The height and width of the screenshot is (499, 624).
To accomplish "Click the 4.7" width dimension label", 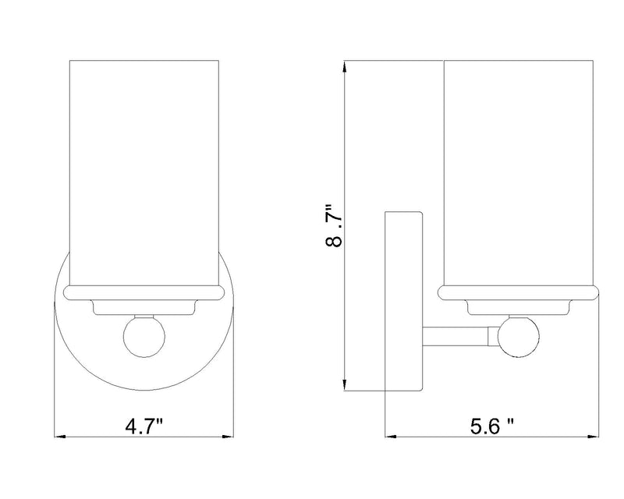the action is (x=144, y=427).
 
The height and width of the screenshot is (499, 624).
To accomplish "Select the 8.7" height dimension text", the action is (x=334, y=225).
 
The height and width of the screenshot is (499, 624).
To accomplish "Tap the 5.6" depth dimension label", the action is (x=492, y=427).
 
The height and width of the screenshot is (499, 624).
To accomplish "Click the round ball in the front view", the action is (x=144, y=336).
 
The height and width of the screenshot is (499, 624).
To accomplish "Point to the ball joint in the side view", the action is (x=519, y=336).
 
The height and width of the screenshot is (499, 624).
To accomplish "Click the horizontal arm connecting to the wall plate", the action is (x=456, y=336).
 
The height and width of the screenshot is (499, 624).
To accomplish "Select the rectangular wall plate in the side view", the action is (x=403, y=301).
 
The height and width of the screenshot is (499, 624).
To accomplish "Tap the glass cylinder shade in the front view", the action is (x=144, y=172).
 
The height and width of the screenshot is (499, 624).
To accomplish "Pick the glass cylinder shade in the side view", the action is (x=519, y=172).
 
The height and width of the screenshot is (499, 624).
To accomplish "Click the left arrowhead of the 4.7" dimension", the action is (x=60, y=437).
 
